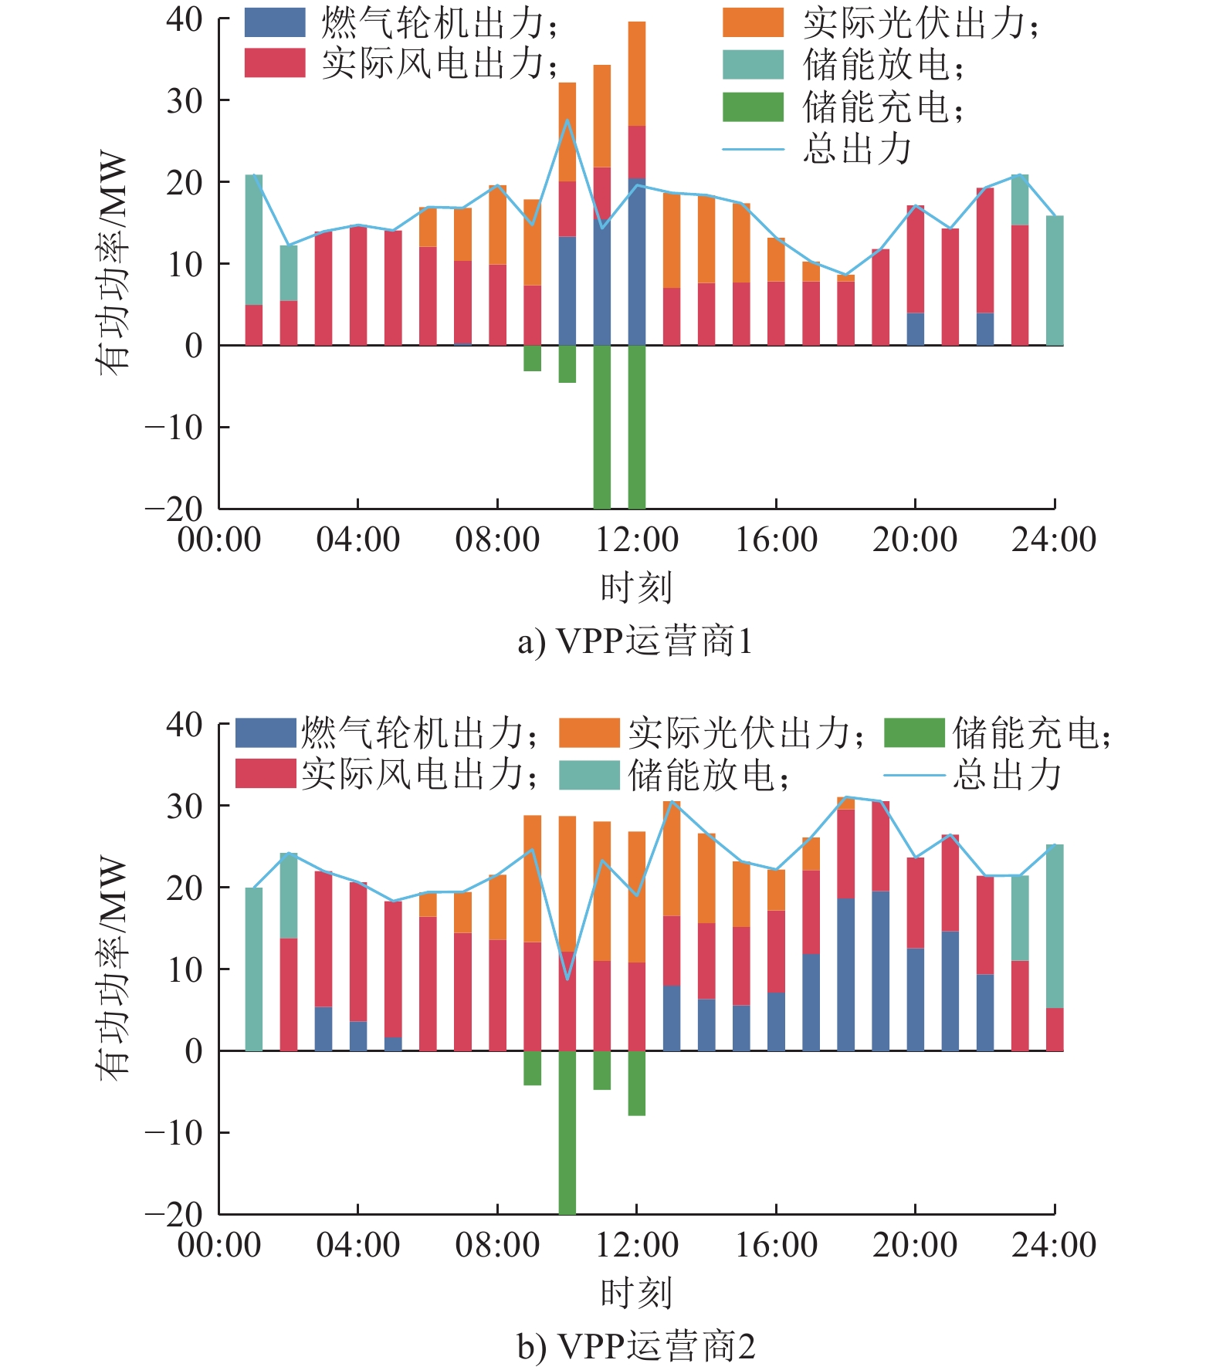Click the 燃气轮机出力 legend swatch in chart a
click(275, 22)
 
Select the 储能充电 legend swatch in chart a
click(753, 107)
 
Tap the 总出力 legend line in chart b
click(913, 775)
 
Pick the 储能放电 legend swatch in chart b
click(589, 775)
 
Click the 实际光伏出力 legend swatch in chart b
click(589, 733)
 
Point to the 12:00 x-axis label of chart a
click(636, 540)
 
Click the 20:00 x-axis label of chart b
click(915, 1245)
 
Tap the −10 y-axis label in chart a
click(174, 427)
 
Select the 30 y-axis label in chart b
click(185, 806)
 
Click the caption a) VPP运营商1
click(635, 641)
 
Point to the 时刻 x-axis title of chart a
click(636, 587)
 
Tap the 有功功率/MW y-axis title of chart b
click(113, 969)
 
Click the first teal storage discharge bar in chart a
click(254, 240)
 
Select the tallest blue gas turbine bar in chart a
click(637, 262)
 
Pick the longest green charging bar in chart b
click(567, 1132)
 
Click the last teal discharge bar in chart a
click(1055, 280)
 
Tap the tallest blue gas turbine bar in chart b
click(880, 971)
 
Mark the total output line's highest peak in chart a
click(567, 120)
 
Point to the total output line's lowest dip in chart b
click(567, 979)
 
